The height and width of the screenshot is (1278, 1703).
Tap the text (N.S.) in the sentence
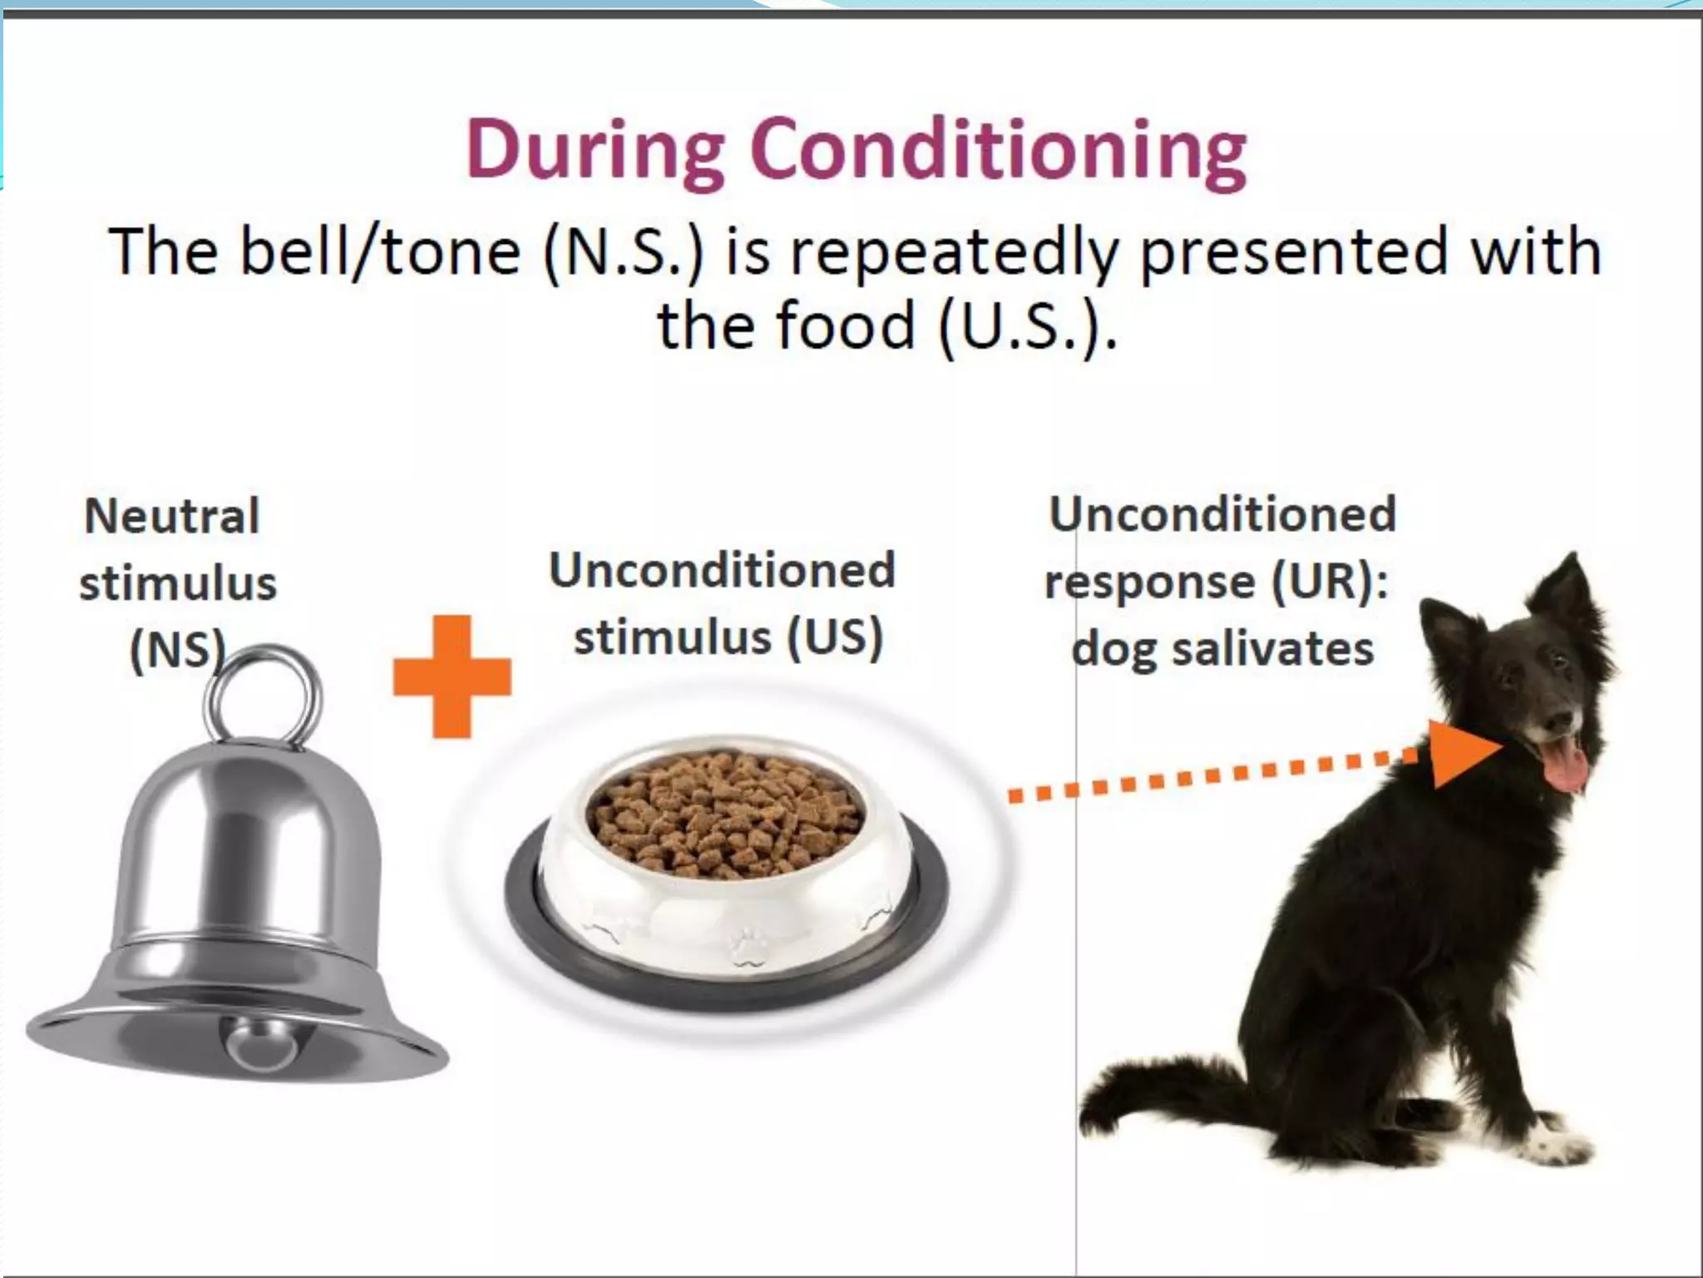pos(623,251)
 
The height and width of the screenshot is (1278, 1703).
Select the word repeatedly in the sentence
pos(957,251)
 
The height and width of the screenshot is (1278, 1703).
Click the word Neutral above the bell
pos(172,516)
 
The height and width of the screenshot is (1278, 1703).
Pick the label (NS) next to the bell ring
pos(177,649)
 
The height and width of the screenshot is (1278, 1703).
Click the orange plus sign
pos(452,676)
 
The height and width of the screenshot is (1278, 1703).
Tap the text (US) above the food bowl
pos(834,638)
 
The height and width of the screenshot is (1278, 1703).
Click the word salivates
pos(1273,649)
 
